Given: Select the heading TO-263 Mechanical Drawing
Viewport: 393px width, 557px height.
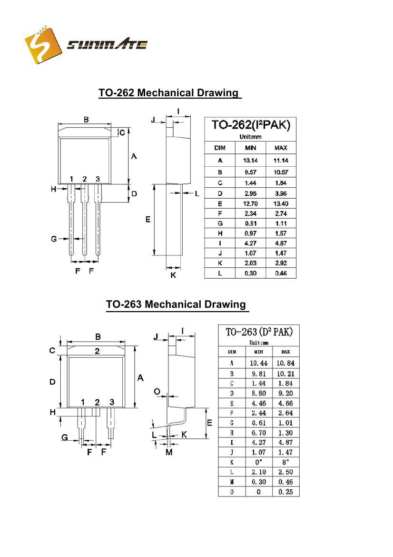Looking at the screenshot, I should click(176, 304).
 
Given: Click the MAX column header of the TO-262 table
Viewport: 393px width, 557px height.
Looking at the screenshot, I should click(281, 148).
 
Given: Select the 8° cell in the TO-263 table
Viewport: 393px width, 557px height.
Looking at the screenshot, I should click(285, 462).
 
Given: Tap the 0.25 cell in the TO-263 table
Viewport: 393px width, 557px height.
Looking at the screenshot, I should click(285, 492).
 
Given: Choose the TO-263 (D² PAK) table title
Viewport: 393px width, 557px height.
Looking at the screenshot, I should click(259, 332).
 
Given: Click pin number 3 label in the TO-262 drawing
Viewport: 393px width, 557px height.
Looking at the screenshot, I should click(98, 179).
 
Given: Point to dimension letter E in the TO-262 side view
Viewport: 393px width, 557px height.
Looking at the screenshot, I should click(148, 220).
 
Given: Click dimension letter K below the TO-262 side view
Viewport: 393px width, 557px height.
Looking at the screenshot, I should click(173, 275).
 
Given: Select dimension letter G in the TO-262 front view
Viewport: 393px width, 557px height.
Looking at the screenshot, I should click(54, 238).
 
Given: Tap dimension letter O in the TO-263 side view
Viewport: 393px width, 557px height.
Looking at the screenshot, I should click(157, 391).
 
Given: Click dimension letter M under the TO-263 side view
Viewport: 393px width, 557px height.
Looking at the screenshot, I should click(169, 452).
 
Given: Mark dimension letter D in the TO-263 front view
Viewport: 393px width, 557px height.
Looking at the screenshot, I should click(53, 382).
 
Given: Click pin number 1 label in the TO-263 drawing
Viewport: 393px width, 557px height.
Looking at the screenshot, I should click(83, 402).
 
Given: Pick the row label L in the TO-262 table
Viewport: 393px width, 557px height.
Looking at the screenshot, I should click(220, 273).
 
